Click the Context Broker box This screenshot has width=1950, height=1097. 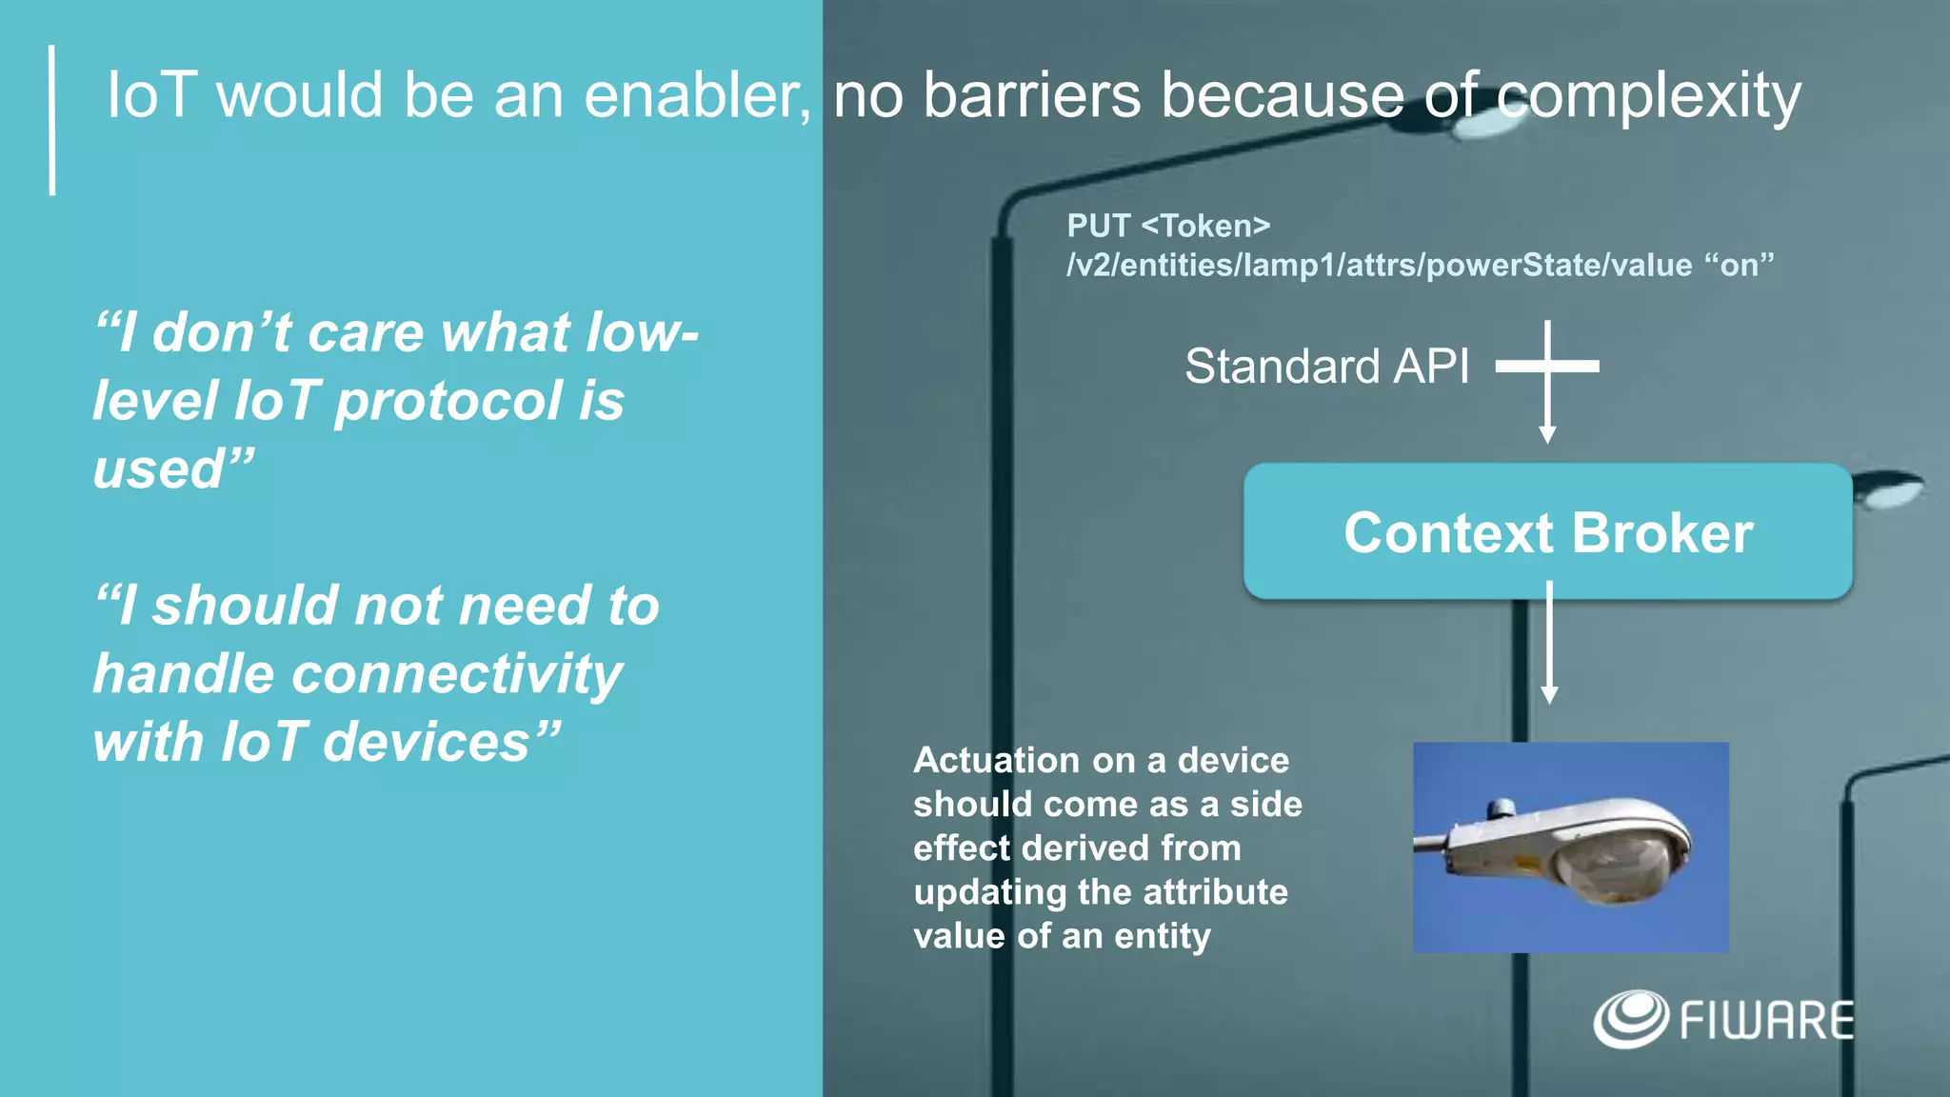click(1547, 531)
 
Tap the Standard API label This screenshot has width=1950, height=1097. click(1326, 367)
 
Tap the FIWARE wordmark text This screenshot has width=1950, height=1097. click(1766, 1021)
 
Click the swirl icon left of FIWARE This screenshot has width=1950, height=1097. click(1630, 1019)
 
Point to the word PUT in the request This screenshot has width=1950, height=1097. click(1098, 227)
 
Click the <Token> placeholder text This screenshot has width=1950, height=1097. click(1205, 227)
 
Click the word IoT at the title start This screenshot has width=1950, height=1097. click(152, 95)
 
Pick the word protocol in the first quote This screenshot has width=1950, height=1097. click(448, 401)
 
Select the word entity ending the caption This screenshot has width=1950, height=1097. click(1163, 937)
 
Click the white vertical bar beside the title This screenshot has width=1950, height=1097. click(52, 120)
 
